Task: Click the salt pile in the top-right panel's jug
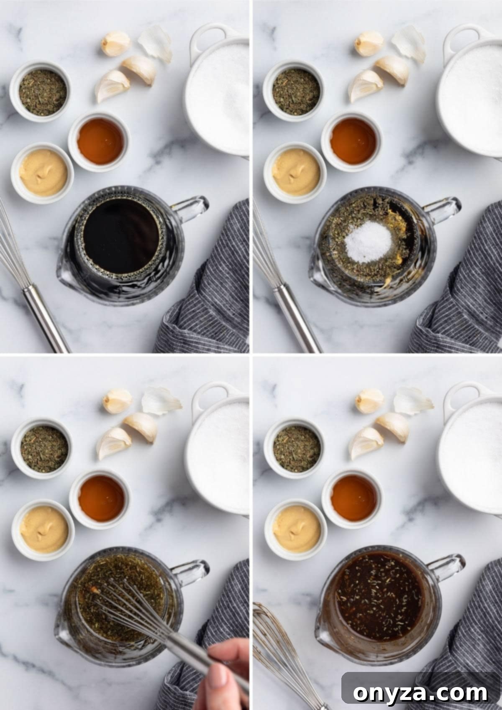(x=368, y=242)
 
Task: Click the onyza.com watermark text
(x=420, y=692)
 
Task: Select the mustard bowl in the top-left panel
(x=43, y=173)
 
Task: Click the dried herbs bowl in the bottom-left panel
(x=44, y=449)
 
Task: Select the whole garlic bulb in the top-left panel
(x=115, y=43)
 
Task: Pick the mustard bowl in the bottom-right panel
(x=296, y=529)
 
